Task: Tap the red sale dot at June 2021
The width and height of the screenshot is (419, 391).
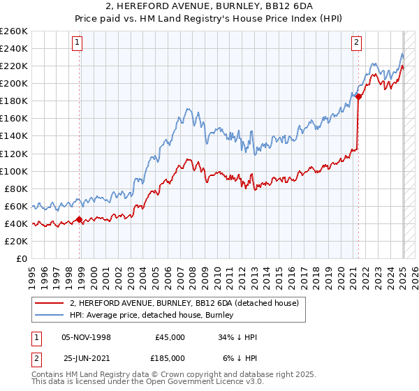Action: click(358, 97)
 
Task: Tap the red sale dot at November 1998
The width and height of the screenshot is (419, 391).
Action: click(80, 219)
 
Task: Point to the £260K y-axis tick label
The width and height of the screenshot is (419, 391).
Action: click(14, 31)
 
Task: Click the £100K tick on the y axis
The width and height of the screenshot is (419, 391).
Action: click(14, 171)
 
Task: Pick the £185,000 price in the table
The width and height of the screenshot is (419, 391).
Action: click(170, 357)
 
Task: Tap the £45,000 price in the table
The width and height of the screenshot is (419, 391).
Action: click(170, 337)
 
